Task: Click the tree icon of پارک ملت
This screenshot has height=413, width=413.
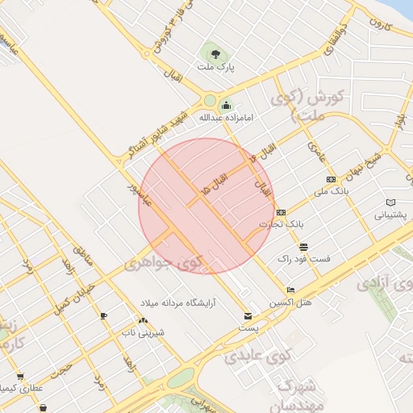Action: point(213,54)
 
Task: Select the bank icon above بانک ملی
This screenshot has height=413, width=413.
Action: point(330,179)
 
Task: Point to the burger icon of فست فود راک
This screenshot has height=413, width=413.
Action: point(303,247)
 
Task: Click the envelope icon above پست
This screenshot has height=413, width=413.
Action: point(248,315)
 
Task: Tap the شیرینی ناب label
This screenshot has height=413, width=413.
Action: point(142,332)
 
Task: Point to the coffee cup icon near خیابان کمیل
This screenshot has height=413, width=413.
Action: point(103,315)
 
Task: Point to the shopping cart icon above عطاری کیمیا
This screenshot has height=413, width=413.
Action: point(19,376)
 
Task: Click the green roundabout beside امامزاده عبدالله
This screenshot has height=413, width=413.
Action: point(210,101)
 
